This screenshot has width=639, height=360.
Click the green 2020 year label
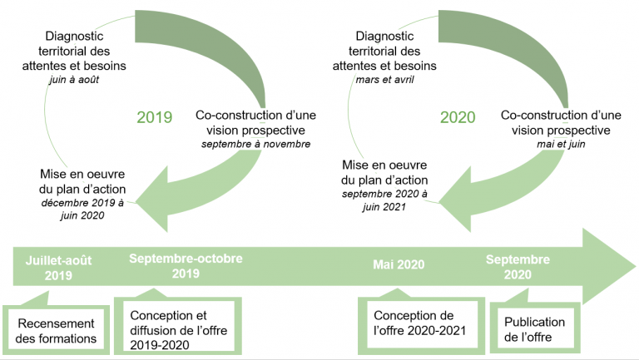[458, 117]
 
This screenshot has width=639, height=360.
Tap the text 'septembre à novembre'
[255, 144]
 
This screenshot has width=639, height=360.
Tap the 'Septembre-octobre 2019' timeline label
[186, 266]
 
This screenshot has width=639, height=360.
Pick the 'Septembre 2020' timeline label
[518, 267]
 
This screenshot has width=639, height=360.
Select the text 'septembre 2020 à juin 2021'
[384, 200]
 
